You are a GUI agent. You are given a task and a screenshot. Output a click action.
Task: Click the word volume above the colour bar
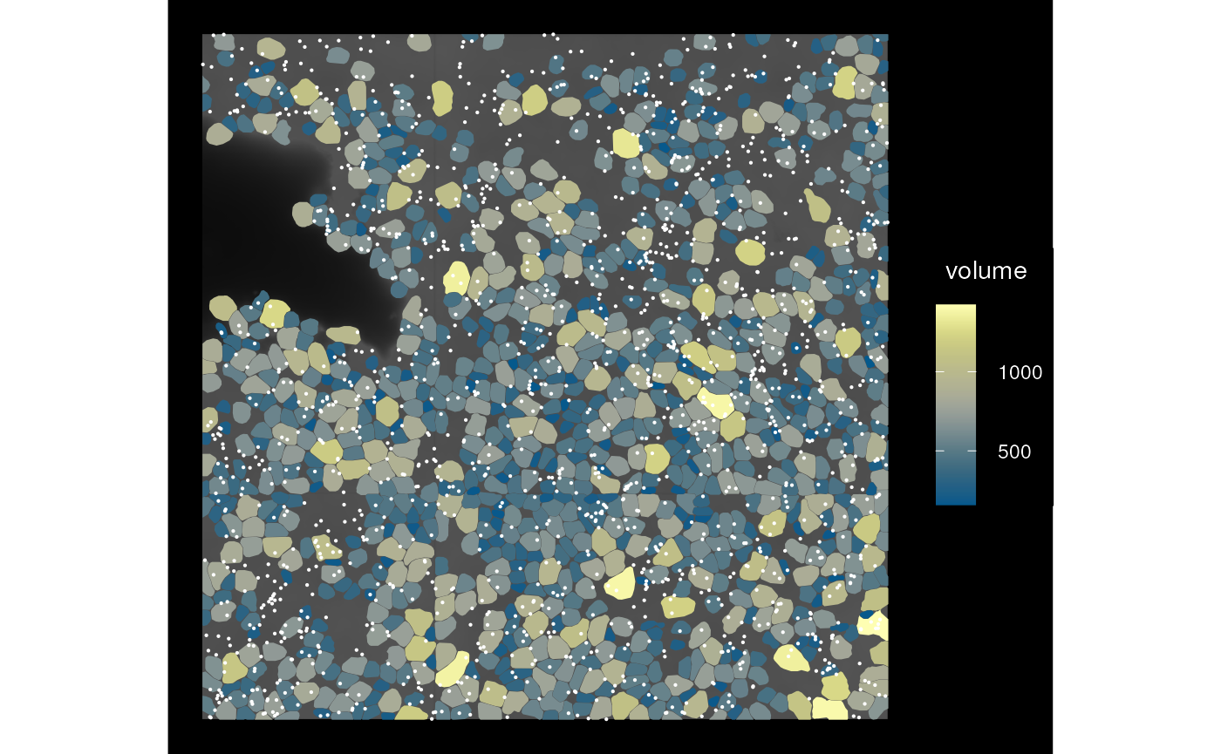(986, 271)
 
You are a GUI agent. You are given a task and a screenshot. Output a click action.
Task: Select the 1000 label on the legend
(1020, 373)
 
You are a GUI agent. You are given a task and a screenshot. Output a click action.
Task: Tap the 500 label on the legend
(1014, 452)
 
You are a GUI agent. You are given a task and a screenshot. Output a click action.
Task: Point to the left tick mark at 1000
(938, 372)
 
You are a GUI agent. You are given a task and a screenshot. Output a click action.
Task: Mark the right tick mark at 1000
(972, 372)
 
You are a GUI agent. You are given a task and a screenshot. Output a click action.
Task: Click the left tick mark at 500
(938, 451)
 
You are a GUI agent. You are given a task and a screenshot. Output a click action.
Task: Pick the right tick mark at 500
(972, 451)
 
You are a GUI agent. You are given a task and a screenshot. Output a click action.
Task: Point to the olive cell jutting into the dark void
(303, 214)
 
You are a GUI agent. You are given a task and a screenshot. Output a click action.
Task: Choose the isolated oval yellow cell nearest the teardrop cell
(749, 252)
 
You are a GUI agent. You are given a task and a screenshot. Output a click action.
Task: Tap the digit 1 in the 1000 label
(1004, 373)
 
